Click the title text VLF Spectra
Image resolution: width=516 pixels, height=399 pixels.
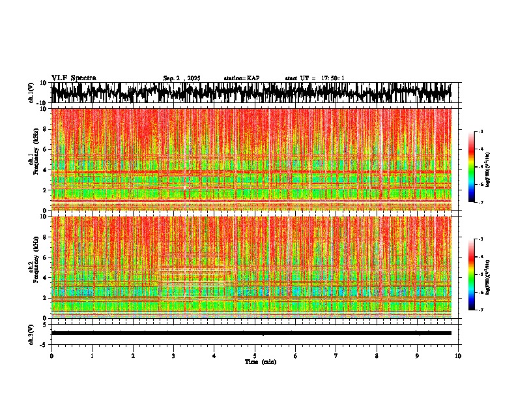pyautogui.click(x=74, y=78)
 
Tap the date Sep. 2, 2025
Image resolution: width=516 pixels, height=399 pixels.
pyautogui.click(x=182, y=78)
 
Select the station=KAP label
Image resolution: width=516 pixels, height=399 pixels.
pyautogui.click(x=242, y=78)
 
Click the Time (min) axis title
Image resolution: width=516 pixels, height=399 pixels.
pyautogui.click(x=260, y=361)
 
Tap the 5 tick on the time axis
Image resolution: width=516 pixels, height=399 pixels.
pyautogui.click(x=255, y=355)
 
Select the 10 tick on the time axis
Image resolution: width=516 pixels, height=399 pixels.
pyautogui.click(x=458, y=355)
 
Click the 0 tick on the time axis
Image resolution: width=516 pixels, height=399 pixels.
pyautogui.click(x=51, y=355)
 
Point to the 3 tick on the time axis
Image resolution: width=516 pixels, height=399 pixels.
pyautogui.click(x=173, y=355)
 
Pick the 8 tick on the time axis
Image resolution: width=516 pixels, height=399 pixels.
pyautogui.click(x=377, y=355)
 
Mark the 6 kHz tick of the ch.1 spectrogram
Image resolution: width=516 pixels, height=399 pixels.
pyautogui.click(x=46, y=149)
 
